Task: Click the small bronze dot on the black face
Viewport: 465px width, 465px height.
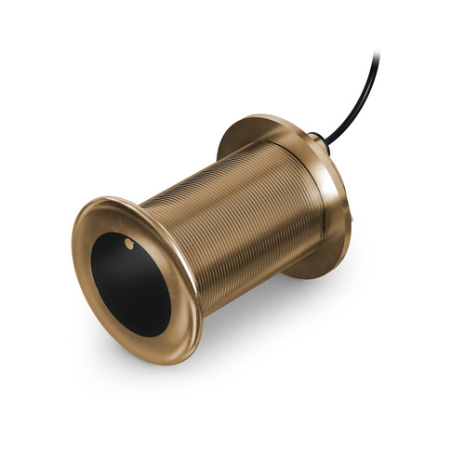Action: point(128,244)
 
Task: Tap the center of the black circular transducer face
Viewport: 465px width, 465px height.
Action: point(131,284)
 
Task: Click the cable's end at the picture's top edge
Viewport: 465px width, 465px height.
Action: point(377,54)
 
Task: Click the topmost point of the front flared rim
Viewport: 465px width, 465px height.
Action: point(112,196)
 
